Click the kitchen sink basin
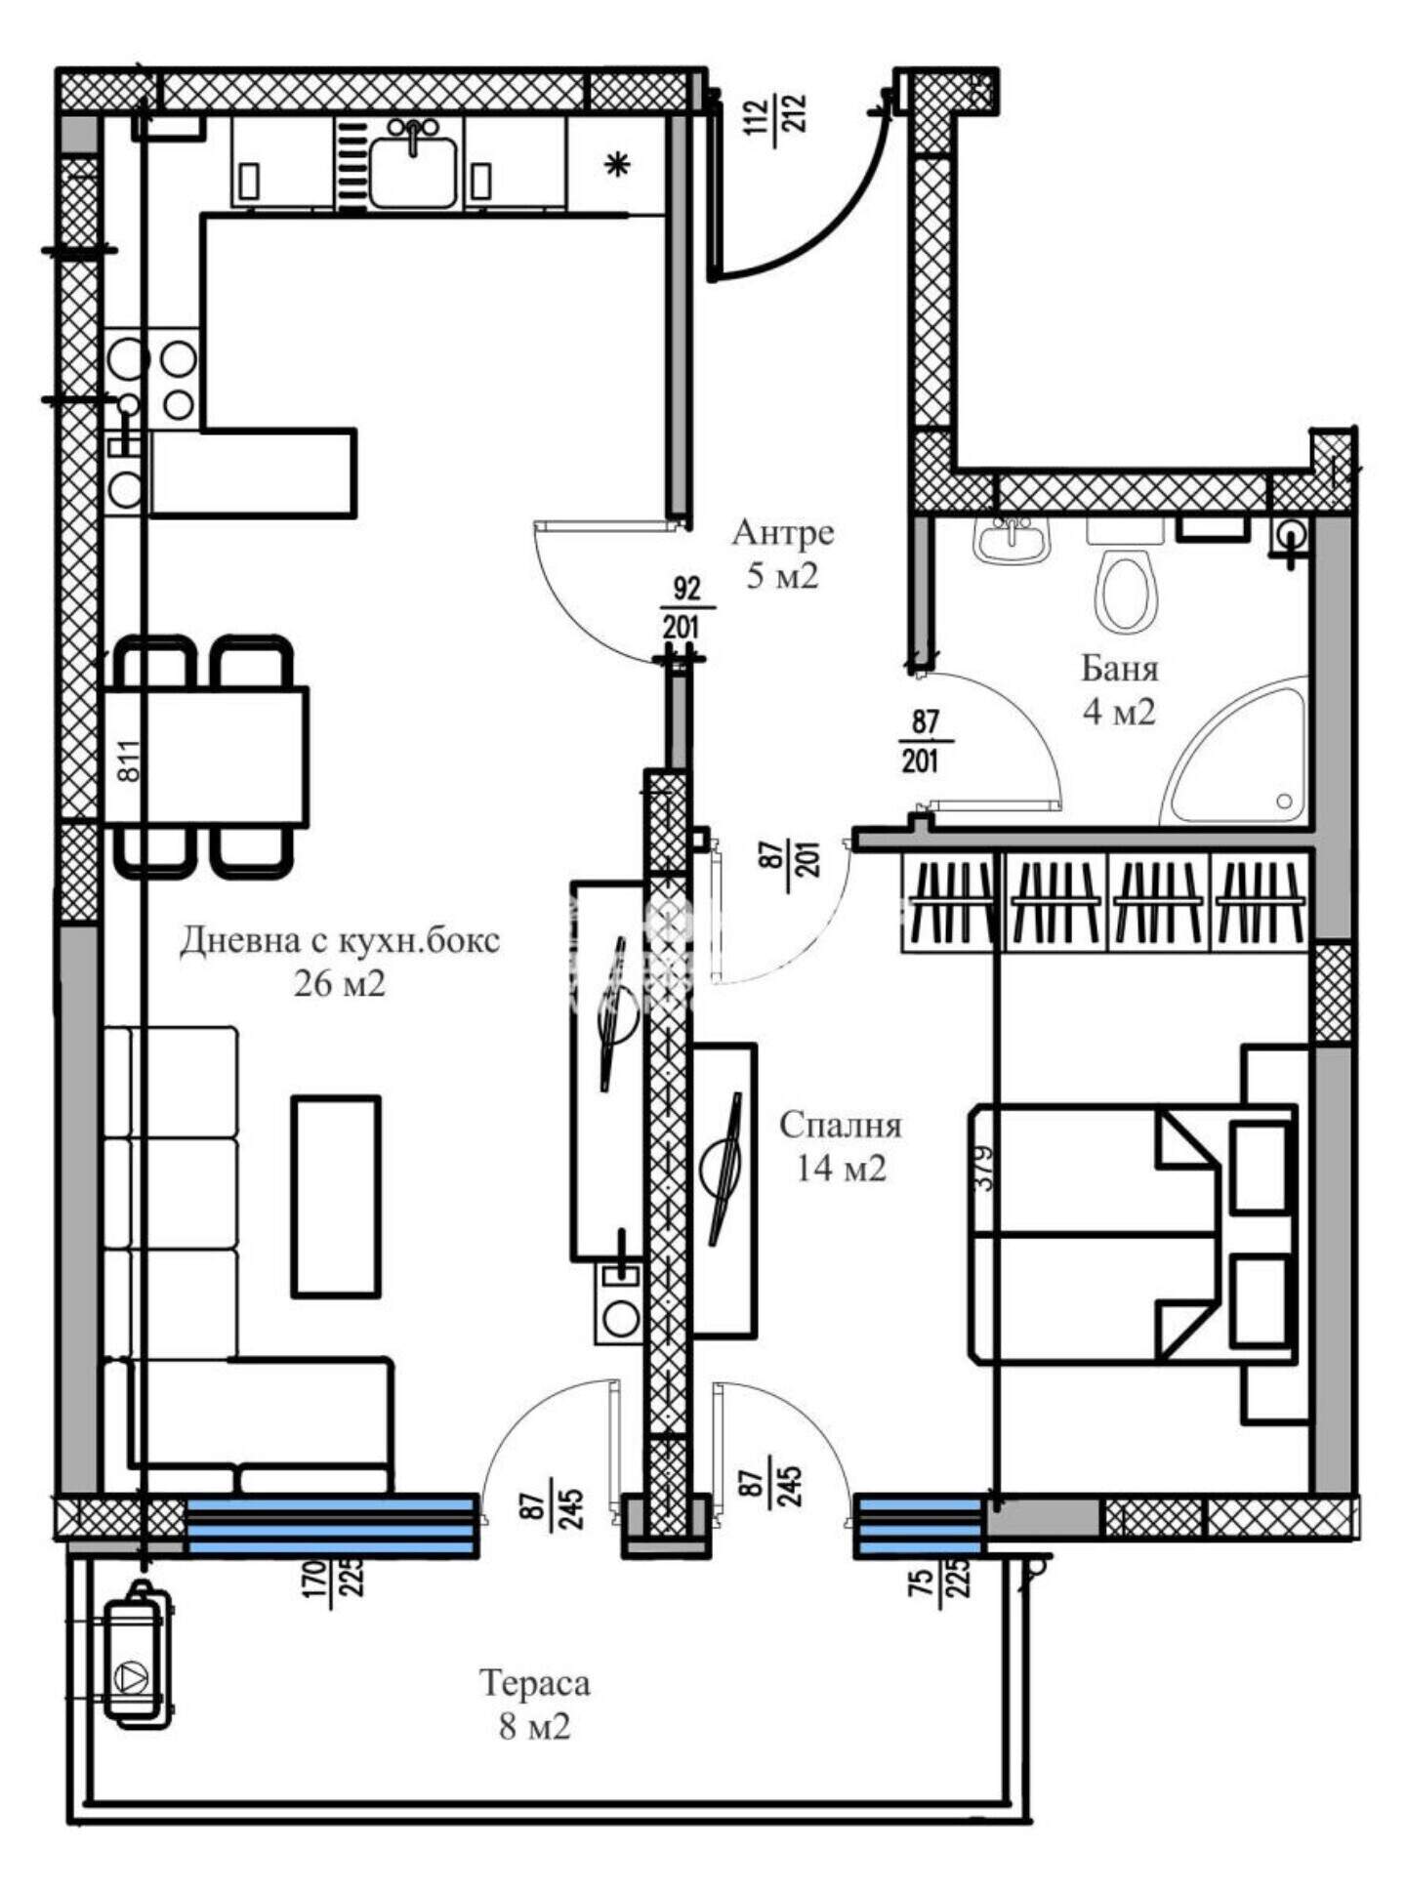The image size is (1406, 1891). click(x=413, y=172)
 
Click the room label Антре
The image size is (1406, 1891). click(x=783, y=533)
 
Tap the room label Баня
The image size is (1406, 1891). click(x=1120, y=669)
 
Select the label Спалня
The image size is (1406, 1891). click(x=841, y=1126)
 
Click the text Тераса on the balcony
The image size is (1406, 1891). click(x=535, y=1683)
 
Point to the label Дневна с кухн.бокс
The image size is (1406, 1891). click(x=340, y=940)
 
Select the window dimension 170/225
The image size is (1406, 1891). click(x=332, y=1578)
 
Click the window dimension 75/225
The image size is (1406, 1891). click(x=939, y=1579)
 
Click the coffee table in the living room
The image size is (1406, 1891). click(x=336, y=1196)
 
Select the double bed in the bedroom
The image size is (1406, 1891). click(x=1133, y=1233)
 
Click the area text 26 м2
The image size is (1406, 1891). click(x=340, y=983)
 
